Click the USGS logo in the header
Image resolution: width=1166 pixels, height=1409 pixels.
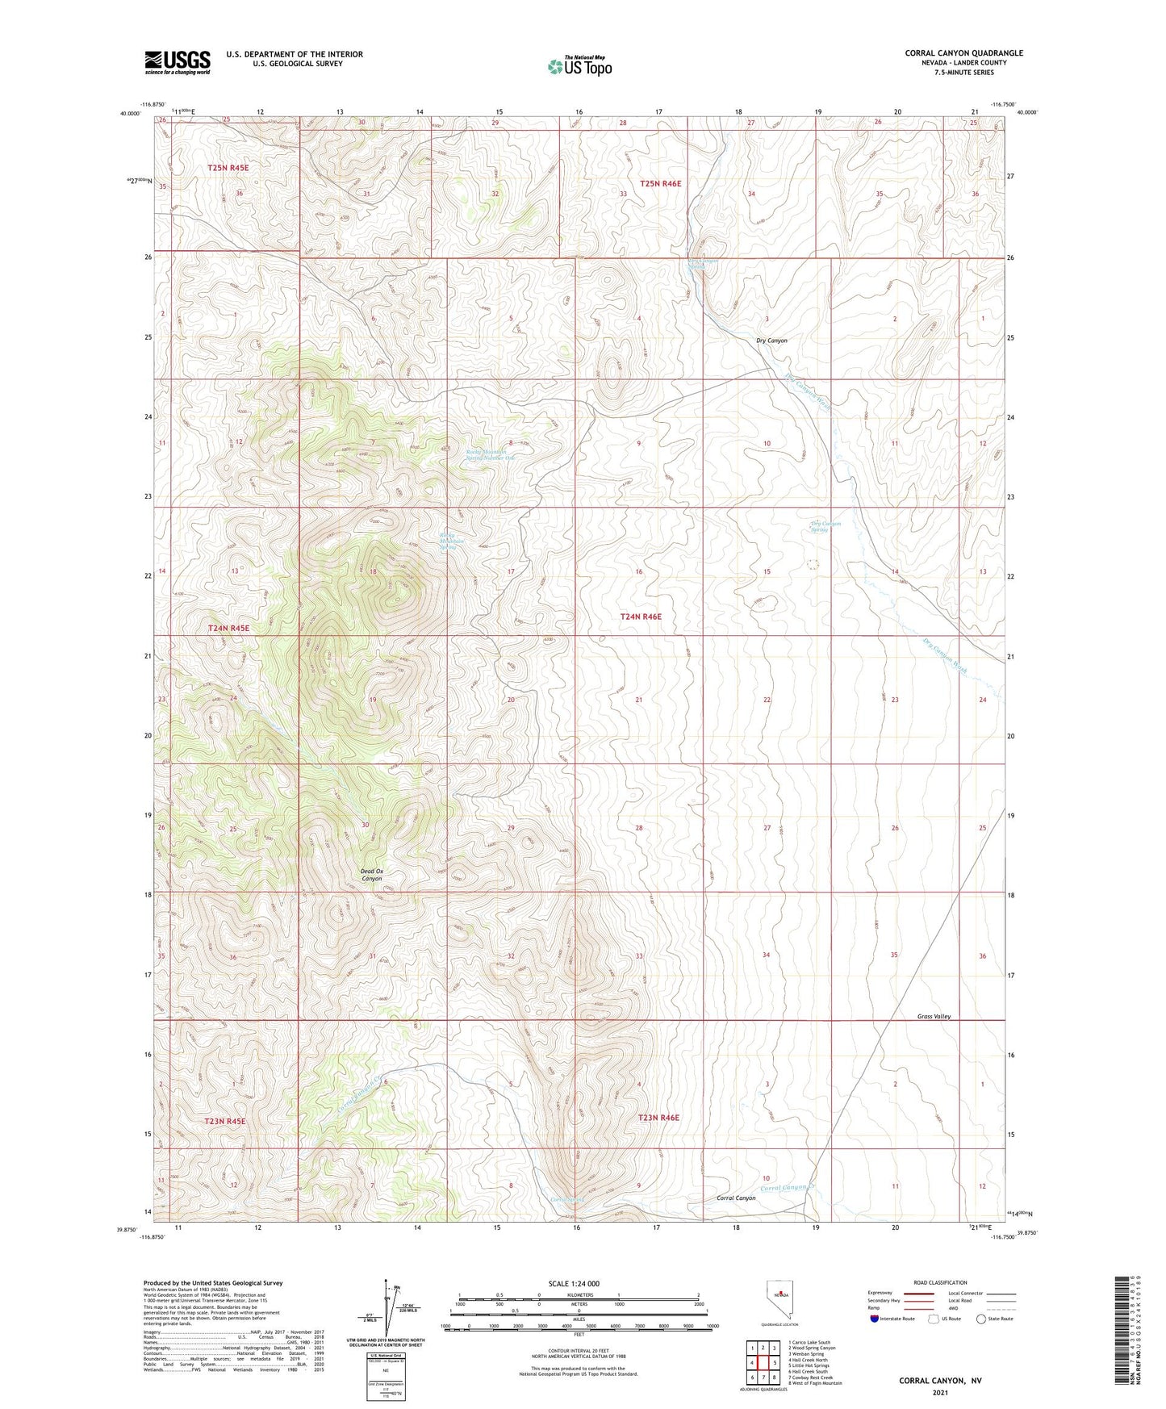[177, 62]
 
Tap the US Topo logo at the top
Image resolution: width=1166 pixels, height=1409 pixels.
[579, 66]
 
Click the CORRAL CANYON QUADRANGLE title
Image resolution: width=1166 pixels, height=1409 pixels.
[963, 53]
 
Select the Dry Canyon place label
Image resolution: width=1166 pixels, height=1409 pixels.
[771, 341]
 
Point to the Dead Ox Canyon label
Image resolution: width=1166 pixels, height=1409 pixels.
[371, 875]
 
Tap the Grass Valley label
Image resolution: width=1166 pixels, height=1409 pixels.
[934, 1017]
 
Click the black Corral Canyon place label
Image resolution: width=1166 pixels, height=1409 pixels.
[736, 1198]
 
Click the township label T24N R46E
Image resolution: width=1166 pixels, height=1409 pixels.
[640, 617]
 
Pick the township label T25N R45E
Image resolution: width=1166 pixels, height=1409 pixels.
[228, 168]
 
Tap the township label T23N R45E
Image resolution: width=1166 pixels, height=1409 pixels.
[224, 1121]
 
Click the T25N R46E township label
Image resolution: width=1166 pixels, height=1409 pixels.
[660, 184]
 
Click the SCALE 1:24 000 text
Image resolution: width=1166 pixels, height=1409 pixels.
[574, 1284]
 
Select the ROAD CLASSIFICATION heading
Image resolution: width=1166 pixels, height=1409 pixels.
[940, 1282]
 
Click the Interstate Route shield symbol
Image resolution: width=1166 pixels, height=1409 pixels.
[875, 1319]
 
